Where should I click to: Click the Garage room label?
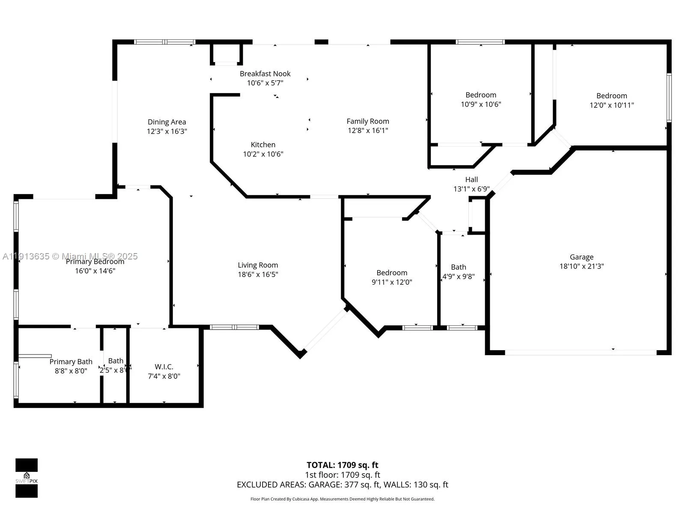[581, 257]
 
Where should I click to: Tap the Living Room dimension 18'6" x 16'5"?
[258, 274]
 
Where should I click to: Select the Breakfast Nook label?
[265, 74]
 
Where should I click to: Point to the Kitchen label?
[263, 144]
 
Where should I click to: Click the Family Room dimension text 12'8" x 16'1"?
[368, 130]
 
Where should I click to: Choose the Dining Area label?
[167, 122]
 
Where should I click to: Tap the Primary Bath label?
[71, 362]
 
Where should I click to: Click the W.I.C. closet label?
[164, 367]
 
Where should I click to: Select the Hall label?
[471, 180]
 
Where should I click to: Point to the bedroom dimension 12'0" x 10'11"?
[611, 105]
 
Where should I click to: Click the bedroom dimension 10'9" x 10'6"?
[480, 104]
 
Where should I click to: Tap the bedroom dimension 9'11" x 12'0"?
[392, 282]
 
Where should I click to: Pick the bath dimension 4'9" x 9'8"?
[458, 277]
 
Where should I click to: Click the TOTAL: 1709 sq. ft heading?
[342, 465]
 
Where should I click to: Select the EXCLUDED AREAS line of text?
[342, 485]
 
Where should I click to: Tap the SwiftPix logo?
[27, 478]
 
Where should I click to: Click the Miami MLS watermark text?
[70, 256]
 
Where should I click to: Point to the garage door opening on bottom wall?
[581, 353]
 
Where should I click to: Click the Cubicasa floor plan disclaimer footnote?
[342, 499]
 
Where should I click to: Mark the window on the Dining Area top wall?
[165, 42]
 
